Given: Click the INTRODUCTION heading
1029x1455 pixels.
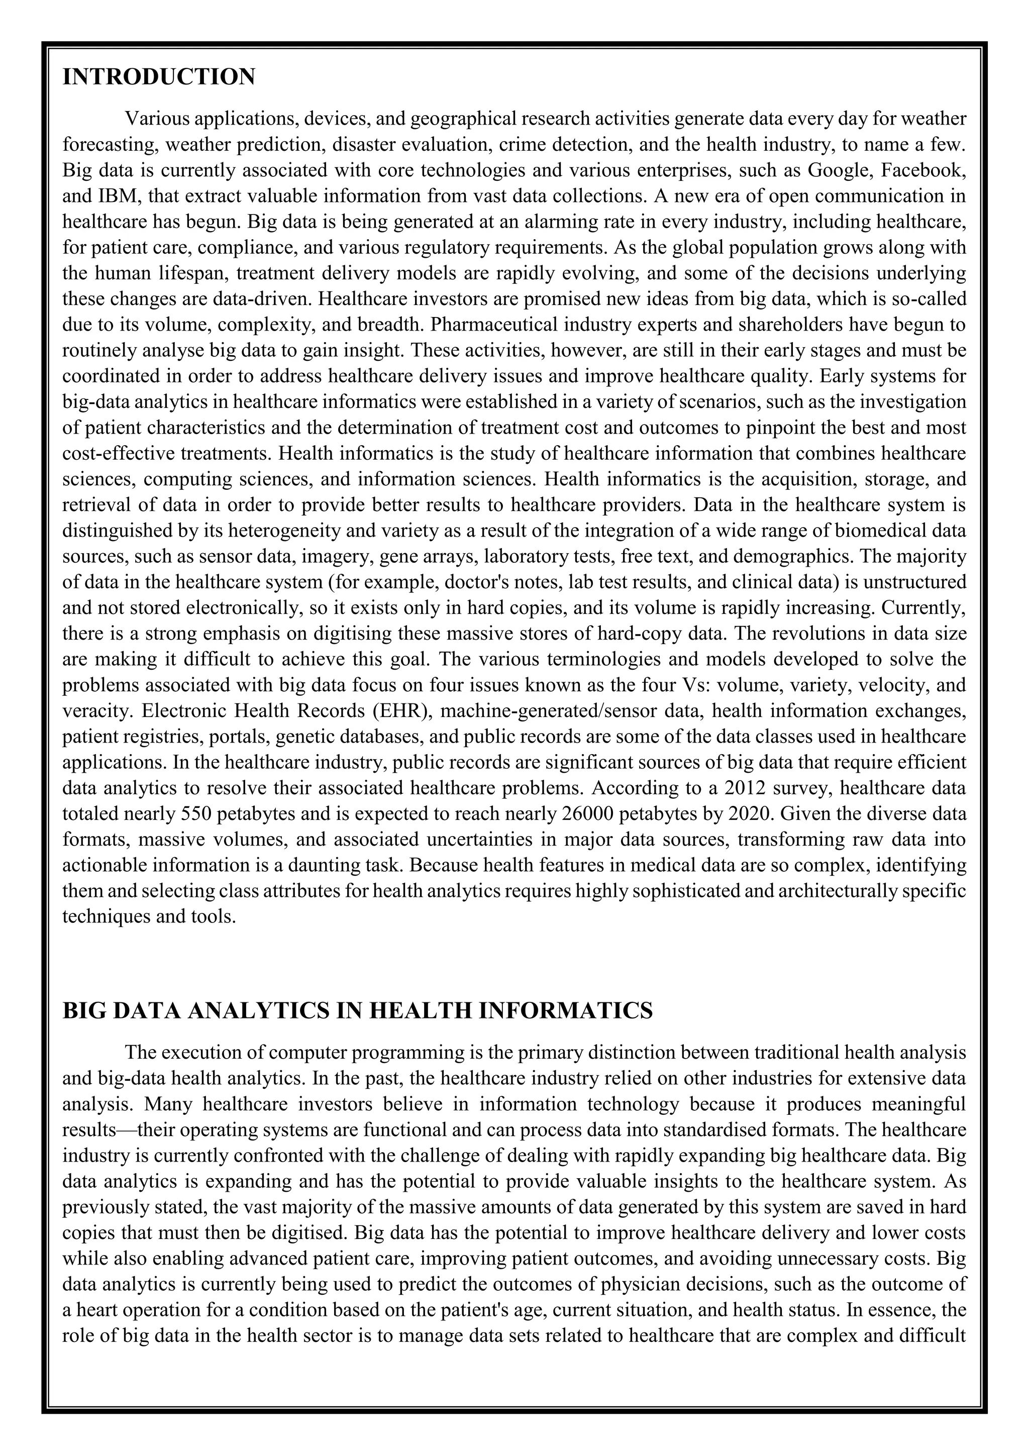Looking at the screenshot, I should point(158,77).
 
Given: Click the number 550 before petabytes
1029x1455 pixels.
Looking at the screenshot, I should point(197,814).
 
